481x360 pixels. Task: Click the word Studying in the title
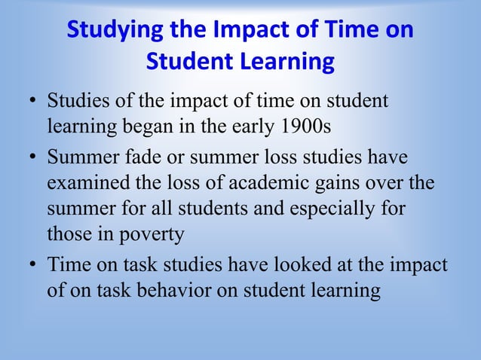(112, 31)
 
